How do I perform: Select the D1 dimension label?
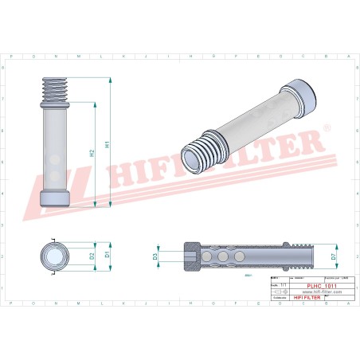pos(108,256)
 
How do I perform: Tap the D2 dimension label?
pos(93,256)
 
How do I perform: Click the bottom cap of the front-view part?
pos(53,198)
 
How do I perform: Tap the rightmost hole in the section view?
pos(239,256)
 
